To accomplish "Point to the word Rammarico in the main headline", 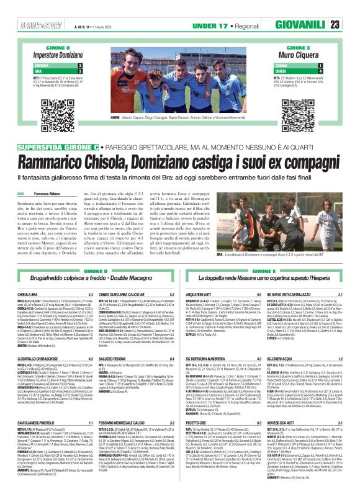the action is tap(58, 145).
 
